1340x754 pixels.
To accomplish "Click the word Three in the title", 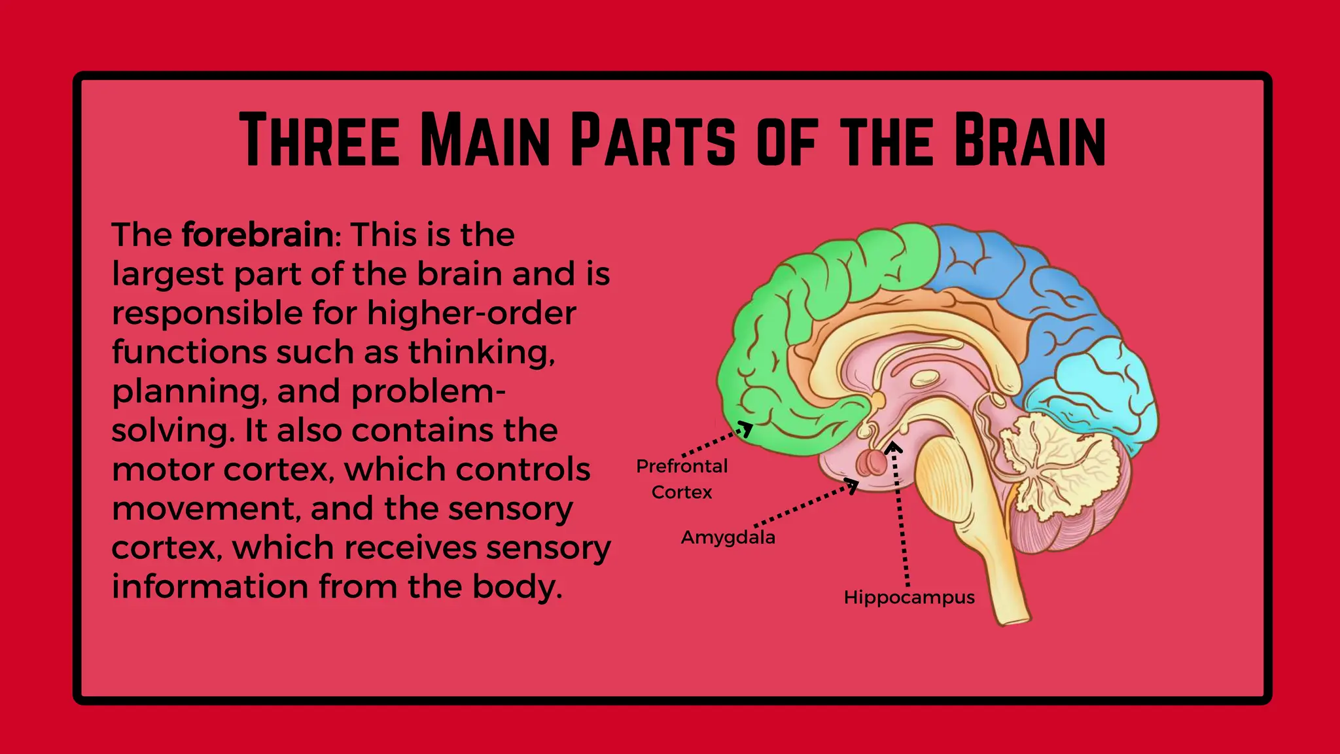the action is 319,140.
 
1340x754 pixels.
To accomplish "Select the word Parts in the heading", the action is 653,140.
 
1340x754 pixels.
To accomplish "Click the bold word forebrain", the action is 258,234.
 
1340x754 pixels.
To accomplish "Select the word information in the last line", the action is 209,586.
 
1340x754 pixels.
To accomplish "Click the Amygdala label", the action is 728,537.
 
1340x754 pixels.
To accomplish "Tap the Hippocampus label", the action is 909,598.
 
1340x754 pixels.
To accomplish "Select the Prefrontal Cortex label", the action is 682,479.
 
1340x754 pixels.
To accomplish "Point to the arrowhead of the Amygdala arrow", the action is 853,485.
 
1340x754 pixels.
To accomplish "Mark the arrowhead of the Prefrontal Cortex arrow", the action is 746,429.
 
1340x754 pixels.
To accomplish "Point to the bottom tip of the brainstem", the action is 1014,619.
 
